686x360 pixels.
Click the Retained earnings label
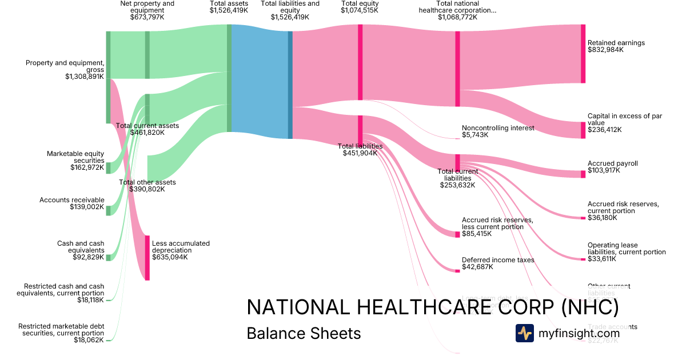[616, 43]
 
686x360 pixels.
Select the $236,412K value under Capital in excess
[604, 130]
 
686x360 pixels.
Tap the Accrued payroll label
[612, 163]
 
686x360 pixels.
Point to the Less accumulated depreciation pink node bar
[147, 258]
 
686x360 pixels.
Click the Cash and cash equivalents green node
[108, 257]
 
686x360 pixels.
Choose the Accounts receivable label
[71, 200]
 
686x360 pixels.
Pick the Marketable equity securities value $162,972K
[87, 167]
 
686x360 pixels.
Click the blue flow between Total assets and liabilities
[260, 81]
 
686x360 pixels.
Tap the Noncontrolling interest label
[497, 128]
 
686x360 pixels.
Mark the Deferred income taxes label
[497, 260]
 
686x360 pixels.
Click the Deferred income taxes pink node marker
[457, 270]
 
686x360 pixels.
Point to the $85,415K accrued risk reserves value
[476, 234]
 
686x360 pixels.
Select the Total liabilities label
[360, 146]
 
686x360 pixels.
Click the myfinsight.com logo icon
[524, 333]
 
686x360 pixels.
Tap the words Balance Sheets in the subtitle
[304, 333]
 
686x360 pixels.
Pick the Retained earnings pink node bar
[583, 54]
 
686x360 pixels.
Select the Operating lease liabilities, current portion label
[626, 249]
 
